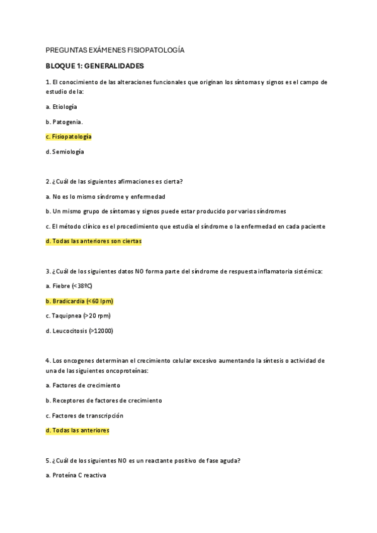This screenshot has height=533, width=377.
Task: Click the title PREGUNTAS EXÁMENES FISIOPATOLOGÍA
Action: (115, 50)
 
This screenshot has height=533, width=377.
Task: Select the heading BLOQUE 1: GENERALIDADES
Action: (95, 65)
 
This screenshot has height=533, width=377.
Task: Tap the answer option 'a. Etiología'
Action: (62, 107)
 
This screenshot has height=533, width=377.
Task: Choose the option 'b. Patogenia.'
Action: (64, 121)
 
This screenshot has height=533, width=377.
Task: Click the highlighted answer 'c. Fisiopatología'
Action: (69, 136)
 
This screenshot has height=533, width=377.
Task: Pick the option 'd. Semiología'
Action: (65, 151)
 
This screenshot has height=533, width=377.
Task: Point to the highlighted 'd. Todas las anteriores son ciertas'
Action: (94, 241)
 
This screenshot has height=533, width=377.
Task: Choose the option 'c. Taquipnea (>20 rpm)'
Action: (74, 316)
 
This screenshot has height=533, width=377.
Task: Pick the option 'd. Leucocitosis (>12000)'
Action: (79, 331)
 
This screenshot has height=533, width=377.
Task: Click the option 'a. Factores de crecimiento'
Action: (83, 385)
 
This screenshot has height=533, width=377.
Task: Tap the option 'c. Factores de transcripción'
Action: (84, 415)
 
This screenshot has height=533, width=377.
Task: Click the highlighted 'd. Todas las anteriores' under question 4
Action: (77, 431)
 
